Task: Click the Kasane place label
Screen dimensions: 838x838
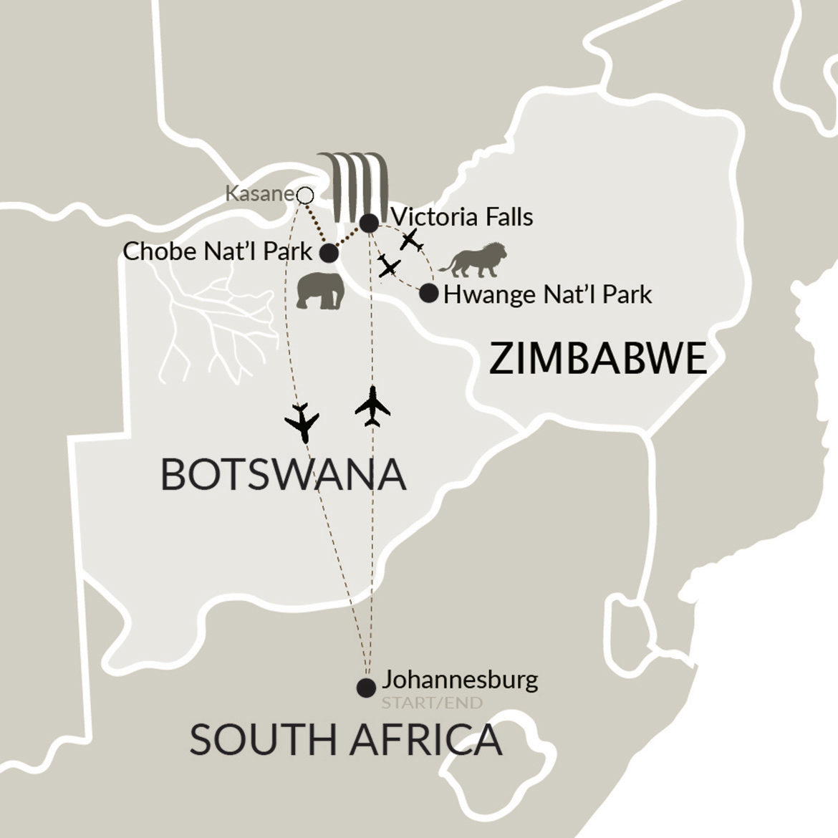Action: click(259, 193)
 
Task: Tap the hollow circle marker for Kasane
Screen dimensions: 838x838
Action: click(305, 195)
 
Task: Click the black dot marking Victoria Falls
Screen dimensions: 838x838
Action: click(369, 223)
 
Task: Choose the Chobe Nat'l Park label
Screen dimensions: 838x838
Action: click(218, 251)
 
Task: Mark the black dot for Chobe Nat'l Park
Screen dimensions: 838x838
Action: click(329, 253)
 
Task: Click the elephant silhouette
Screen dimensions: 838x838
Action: click(320, 291)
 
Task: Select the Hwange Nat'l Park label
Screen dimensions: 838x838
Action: click(548, 294)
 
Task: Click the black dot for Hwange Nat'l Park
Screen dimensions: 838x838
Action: click(428, 293)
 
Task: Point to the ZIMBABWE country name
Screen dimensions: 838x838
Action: click(598, 358)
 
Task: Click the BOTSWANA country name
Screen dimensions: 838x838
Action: click(283, 474)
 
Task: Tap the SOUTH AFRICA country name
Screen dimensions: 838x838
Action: click(345, 740)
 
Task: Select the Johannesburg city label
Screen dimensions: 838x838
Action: click(460, 679)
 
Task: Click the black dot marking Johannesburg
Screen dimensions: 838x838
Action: click(366, 688)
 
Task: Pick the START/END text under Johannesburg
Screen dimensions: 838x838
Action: click(432, 703)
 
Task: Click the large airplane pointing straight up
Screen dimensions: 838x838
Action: click(372, 406)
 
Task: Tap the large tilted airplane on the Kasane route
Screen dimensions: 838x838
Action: click(302, 422)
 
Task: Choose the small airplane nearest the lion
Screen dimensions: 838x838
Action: click(410, 240)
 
